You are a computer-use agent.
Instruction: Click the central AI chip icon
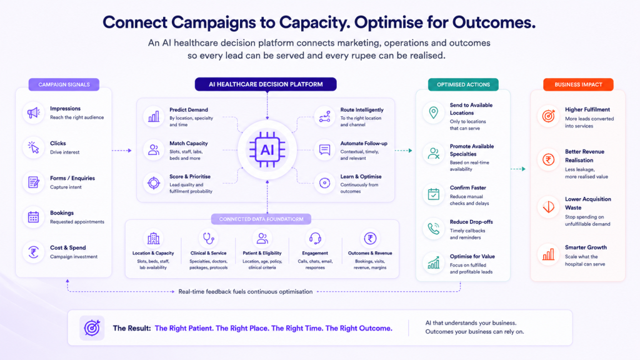tap(267, 150)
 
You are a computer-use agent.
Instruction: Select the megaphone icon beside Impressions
tap(34, 112)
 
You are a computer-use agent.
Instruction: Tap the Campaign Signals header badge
tap(64, 84)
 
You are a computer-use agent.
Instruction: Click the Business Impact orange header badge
tap(578, 84)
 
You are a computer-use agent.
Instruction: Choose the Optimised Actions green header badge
tap(463, 84)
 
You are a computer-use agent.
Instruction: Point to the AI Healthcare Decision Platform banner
tap(266, 84)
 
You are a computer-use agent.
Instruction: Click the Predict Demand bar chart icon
tap(154, 117)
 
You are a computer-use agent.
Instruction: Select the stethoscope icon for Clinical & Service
tap(209, 238)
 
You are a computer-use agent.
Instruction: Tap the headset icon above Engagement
tap(315, 238)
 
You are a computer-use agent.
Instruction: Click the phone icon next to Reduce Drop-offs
tap(434, 229)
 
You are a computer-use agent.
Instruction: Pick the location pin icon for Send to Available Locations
tap(434, 112)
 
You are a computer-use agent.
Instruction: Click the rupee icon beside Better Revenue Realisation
tap(548, 159)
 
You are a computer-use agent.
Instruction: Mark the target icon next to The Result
tap(92, 327)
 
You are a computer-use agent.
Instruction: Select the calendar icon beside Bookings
tap(34, 217)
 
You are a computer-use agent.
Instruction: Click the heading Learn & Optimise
tap(361, 177)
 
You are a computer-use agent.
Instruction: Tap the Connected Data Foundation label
tap(261, 219)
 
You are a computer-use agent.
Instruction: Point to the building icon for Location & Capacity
tap(154, 238)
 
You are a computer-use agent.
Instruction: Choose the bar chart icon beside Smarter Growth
tap(548, 255)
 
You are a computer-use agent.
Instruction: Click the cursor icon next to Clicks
tap(34, 147)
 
